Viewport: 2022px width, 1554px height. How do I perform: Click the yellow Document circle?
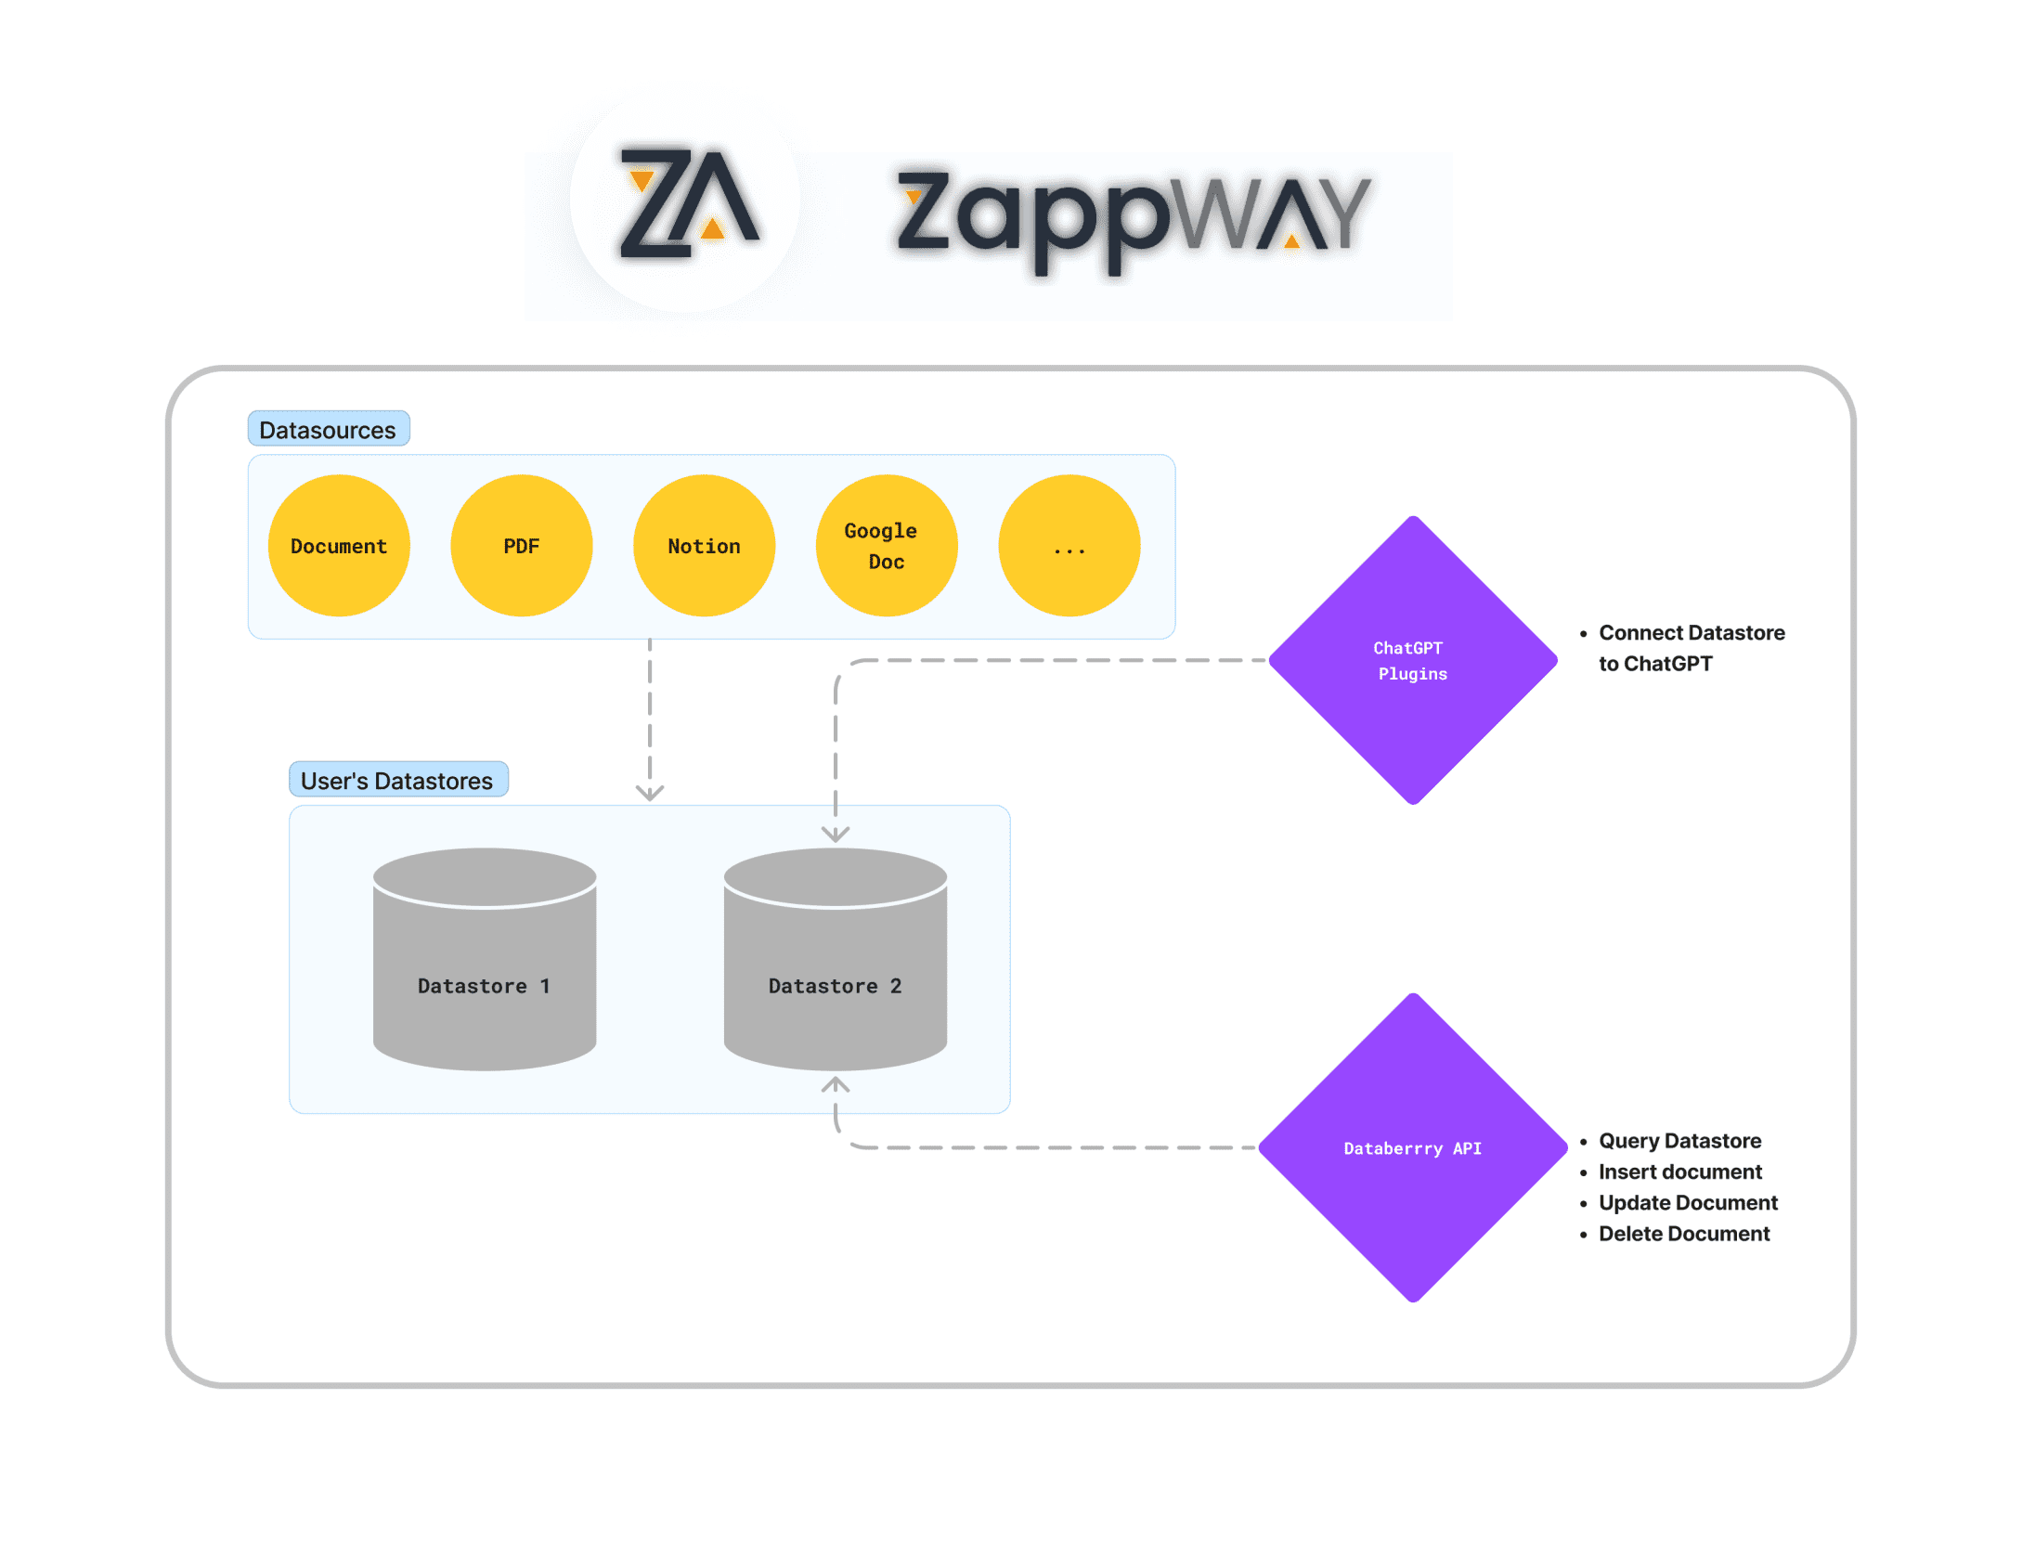tap(339, 546)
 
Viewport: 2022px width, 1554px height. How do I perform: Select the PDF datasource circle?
tap(521, 546)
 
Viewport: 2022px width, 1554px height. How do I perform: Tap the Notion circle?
tap(704, 546)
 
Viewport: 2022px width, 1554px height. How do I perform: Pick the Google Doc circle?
tap(886, 546)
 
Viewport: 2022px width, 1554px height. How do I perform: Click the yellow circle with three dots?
tap(1069, 546)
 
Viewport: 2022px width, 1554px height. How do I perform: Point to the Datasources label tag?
tap(328, 430)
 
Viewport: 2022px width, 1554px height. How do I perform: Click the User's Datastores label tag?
tap(397, 780)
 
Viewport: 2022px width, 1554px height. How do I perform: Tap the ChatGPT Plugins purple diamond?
tap(1412, 660)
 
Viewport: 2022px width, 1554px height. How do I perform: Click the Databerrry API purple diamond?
tap(1412, 1148)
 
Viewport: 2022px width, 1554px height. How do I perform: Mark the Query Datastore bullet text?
tap(1679, 1141)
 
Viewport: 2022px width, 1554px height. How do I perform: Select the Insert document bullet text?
tap(1679, 1172)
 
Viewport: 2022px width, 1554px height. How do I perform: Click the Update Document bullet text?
tap(1687, 1203)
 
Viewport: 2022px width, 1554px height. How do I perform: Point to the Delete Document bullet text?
tap(1683, 1234)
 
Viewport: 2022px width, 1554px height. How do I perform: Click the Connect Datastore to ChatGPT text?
tap(1690, 648)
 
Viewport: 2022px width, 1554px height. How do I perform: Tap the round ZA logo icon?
tap(687, 202)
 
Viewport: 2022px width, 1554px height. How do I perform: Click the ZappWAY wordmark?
tap(1132, 216)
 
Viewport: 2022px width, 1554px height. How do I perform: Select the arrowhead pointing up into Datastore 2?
tap(836, 1084)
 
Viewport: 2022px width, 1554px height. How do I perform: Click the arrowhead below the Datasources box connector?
tap(650, 792)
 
